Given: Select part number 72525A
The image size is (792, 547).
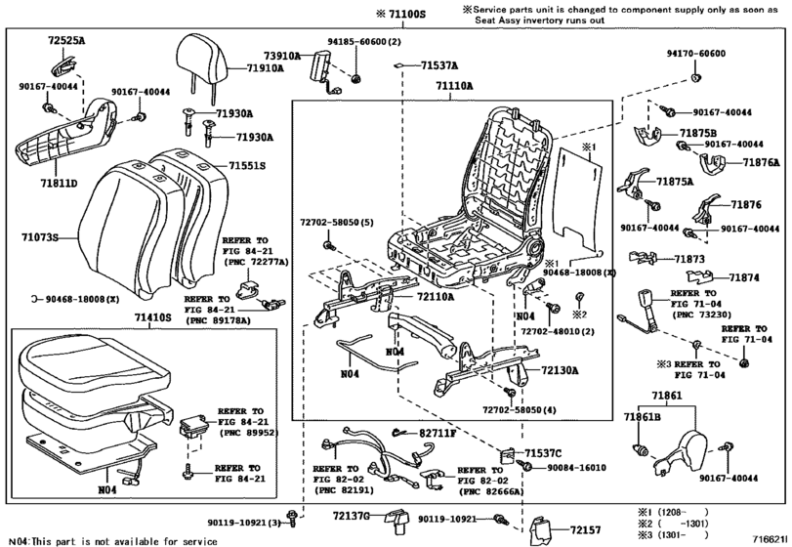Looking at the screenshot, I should (66, 43).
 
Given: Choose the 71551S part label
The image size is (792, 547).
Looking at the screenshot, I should (247, 166).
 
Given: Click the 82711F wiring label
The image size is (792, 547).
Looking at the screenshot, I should (438, 432).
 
